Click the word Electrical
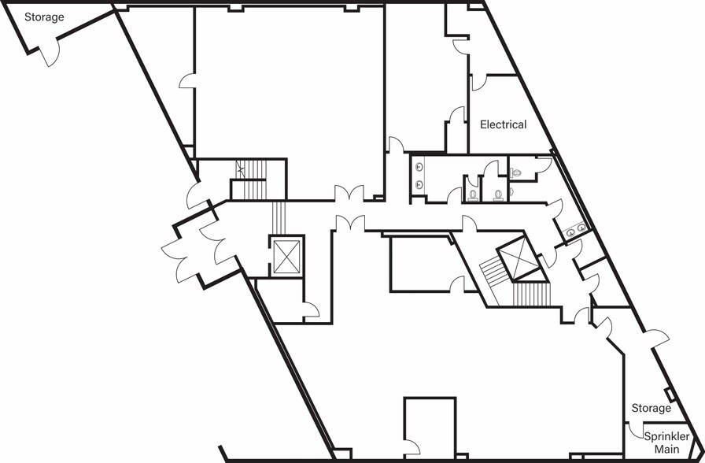(503, 124)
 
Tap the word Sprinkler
(666, 436)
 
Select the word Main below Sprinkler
(666, 449)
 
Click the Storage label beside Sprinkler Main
(651, 408)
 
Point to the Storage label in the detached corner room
(44, 17)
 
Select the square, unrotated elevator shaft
(286, 257)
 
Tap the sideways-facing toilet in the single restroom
(515, 172)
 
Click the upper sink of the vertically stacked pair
(419, 167)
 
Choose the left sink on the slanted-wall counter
(570, 232)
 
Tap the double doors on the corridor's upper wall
(349, 193)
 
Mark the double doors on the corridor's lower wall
(350, 223)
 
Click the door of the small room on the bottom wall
(412, 447)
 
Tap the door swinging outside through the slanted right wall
(656, 338)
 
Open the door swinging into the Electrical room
(479, 83)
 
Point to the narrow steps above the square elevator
(279, 218)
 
